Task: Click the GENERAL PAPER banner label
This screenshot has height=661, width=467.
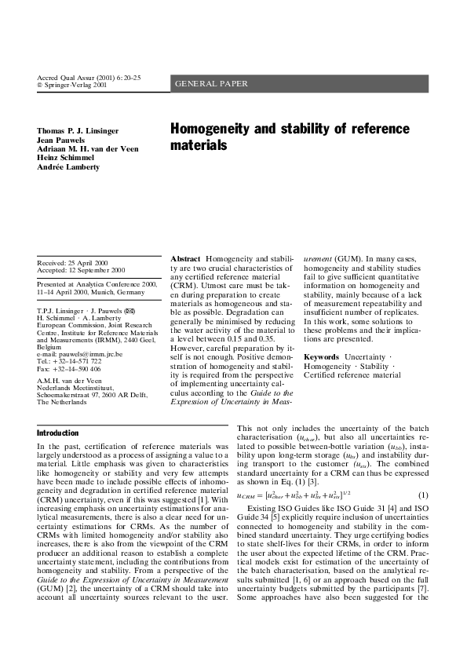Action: click(x=211, y=83)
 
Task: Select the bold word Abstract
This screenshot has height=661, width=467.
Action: click(x=185, y=258)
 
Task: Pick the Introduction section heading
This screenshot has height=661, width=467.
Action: click(x=58, y=433)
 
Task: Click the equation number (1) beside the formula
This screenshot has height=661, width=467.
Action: click(x=423, y=495)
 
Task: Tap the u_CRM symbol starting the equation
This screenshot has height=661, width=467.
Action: click(x=247, y=495)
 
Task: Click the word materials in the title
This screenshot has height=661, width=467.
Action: click(x=199, y=146)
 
